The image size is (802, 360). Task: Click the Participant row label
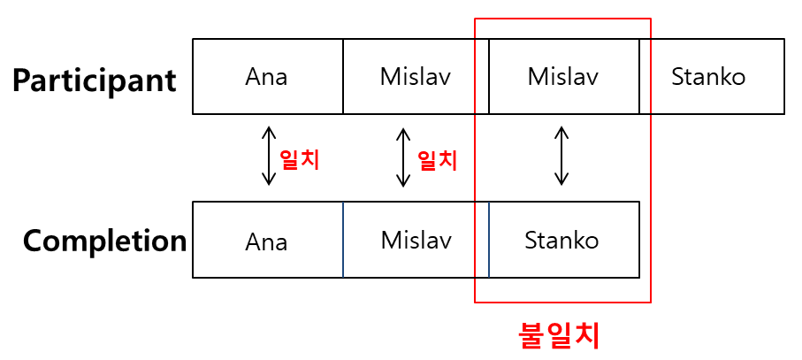94,80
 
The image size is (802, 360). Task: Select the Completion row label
104,241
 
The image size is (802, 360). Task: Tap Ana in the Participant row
266,77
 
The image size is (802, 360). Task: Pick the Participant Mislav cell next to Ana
415,77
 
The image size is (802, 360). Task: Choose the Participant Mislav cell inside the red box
563,77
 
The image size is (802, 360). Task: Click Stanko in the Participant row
708,77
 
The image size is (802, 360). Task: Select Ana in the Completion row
266,241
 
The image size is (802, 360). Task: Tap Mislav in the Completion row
416,240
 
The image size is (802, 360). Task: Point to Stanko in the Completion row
561,240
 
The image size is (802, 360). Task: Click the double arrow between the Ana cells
268,157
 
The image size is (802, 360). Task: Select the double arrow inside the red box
561,157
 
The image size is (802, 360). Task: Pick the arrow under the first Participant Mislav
403,158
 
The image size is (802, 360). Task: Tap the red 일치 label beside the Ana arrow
299,159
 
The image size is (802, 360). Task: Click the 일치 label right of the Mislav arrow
437,159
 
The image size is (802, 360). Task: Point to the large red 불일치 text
558,335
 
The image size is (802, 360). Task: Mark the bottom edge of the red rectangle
562,303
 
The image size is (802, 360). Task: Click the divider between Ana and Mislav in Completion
343,240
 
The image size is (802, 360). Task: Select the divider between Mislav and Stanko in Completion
489,240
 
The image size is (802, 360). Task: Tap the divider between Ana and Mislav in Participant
343,77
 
